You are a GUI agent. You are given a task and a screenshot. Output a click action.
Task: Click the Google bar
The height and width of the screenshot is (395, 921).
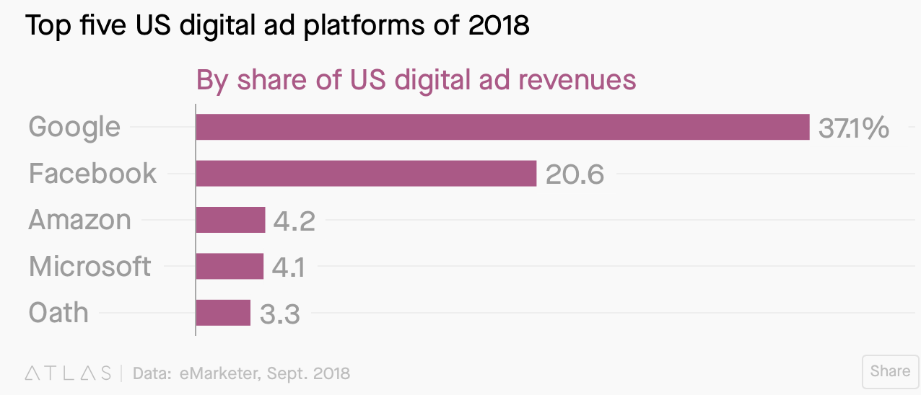502,127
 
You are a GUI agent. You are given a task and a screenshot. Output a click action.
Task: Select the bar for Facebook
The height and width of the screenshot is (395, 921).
366,174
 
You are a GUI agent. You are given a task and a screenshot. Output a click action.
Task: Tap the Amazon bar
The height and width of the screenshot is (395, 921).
230,220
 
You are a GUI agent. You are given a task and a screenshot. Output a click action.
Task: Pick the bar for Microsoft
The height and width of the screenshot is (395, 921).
230,267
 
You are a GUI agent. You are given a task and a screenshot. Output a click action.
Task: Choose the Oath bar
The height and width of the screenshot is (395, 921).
223,313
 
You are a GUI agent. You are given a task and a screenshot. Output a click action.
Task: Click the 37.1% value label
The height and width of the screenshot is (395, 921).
853,128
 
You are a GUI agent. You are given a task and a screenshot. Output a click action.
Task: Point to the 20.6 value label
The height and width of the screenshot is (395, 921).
575,174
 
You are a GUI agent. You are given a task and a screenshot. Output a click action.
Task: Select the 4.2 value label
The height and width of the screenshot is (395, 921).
294,221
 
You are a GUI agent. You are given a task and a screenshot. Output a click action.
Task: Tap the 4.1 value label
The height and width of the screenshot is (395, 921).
288,267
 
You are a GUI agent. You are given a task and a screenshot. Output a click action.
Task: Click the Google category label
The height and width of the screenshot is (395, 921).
74,128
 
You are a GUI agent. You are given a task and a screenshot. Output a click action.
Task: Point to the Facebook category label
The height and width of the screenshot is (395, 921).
92,174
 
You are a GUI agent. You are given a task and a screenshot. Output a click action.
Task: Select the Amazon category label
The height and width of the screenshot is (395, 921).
79,220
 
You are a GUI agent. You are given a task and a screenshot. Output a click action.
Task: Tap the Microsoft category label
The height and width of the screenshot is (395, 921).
90,267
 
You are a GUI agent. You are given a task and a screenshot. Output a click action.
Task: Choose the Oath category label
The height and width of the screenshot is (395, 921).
58,313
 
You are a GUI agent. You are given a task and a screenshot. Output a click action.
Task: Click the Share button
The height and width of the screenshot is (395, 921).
889,371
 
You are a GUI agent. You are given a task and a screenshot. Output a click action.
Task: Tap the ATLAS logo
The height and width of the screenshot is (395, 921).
68,373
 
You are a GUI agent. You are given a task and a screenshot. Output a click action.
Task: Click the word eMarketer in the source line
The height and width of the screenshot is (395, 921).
219,373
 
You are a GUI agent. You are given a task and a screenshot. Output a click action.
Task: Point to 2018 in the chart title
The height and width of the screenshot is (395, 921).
499,26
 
